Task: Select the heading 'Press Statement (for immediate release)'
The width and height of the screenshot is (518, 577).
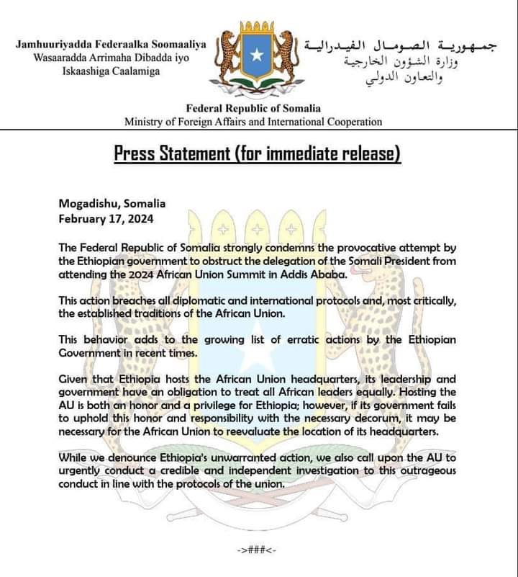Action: pos(257,153)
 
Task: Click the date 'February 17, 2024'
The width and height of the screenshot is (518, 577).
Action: pos(106,217)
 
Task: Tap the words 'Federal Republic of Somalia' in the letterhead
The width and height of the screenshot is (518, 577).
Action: pos(253,108)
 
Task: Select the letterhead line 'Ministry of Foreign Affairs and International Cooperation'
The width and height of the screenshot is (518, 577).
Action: pos(253,122)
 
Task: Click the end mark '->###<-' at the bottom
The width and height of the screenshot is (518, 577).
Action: pos(257,550)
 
